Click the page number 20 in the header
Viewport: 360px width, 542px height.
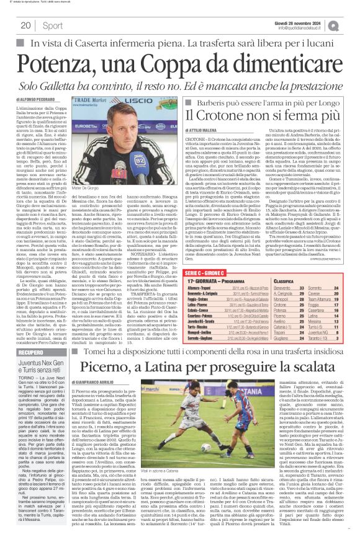coord(26,25)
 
